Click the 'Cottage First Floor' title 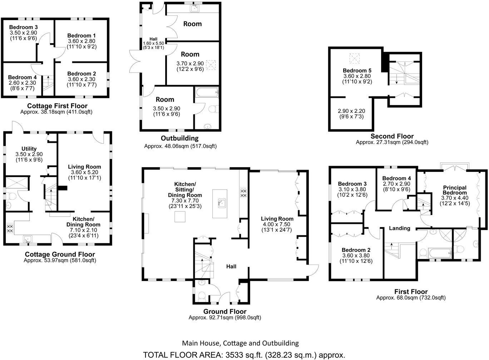click(x=57, y=106)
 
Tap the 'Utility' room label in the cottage click(x=29, y=149)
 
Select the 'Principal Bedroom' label click(x=455, y=190)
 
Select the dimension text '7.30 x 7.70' click(x=185, y=201)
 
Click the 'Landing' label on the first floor click(x=399, y=228)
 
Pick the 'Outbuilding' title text click(x=179, y=138)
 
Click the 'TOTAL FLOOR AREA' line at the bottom click(x=244, y=355)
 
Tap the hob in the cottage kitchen click(x=10, y=228)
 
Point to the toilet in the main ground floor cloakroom click(x=202, y=296)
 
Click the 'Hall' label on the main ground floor click(x=231, y=266)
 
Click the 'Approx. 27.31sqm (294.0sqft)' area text click(x=392, y=142)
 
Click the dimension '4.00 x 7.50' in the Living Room click(x=277, y=224)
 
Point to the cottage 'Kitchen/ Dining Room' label click(x=83, y=222)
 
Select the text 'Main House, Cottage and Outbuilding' click(x=240, y=343)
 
